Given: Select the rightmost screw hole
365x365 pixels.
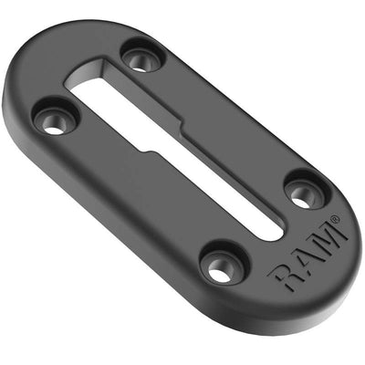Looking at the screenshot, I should [x=300, y=193].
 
